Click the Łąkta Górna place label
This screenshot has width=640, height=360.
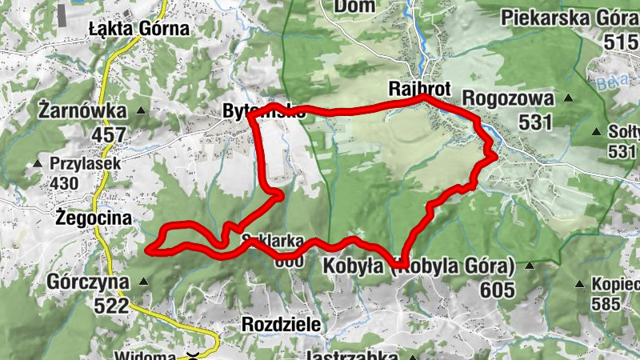point(139,30)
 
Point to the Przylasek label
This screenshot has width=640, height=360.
point(85,164)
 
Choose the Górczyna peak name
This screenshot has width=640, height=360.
point(88,282)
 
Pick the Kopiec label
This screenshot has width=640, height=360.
point(614,284)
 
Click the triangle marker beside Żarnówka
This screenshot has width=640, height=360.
point(142,110)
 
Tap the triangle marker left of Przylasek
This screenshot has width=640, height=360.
point(37,165)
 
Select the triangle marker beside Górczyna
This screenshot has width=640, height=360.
point(143,282)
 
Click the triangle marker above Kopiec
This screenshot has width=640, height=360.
point(579,284)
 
